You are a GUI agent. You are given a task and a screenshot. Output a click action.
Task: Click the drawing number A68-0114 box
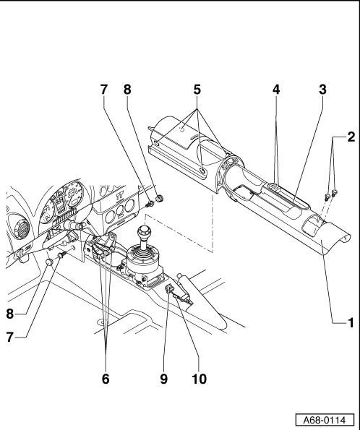coord(325,420)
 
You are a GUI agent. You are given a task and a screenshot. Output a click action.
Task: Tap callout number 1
coord(351,323)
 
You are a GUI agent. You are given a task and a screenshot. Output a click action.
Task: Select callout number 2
coord(351,137)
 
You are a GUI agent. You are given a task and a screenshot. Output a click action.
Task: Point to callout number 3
coord(322,90)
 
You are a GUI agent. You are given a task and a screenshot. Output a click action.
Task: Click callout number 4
coord(276,90)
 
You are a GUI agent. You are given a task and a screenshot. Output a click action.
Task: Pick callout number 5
coord(197,90)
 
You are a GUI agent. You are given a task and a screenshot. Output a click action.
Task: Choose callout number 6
coord(106,379)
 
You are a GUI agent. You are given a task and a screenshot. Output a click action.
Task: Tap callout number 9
coord(163,379)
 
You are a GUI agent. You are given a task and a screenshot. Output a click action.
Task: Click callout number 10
coord(200,379)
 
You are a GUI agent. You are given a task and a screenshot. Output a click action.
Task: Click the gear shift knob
coord(144,232)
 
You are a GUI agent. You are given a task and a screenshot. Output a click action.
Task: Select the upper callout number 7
coord(103,90)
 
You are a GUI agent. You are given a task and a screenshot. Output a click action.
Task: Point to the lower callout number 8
coord(10,314)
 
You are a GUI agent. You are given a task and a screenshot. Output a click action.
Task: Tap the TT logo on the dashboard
coord(119,196)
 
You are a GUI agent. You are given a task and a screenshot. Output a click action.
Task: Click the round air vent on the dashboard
coord(20,228)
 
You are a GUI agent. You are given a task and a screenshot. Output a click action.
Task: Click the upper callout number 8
coord(127,90)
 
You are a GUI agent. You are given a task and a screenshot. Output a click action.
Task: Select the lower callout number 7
coord(10,337)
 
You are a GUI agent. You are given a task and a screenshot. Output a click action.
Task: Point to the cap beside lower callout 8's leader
coord(49,262)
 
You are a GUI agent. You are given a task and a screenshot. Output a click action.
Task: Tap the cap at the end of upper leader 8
coord(160,198)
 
